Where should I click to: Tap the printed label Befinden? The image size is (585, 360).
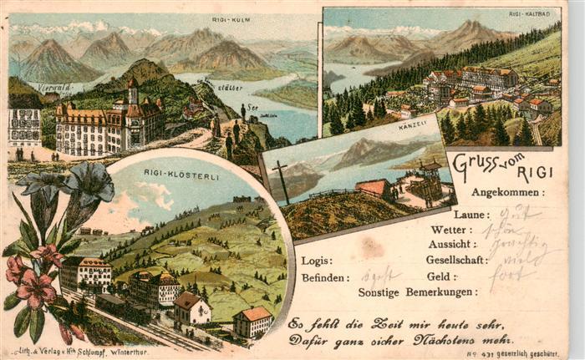tap(323, 276)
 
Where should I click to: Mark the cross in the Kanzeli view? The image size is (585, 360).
tap(282, 180)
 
